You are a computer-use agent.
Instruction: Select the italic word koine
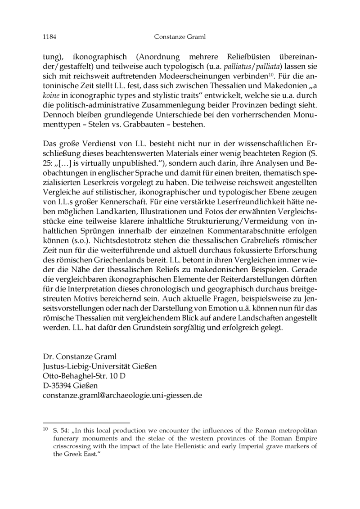[x=51, y=95]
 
